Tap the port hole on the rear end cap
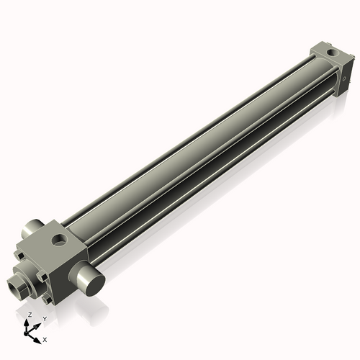(330, 52)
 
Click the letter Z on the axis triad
(29, 315)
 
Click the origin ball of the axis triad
(29, 331)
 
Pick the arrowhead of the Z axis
(29, 322)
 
